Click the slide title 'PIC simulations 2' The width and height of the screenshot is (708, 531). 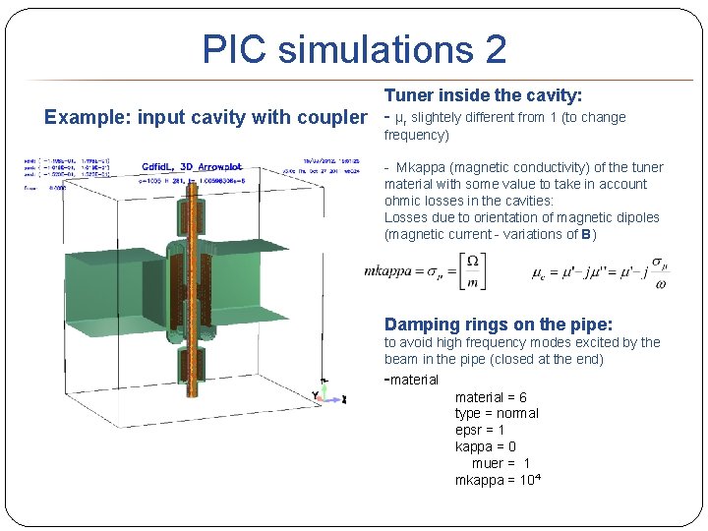click(354, 49)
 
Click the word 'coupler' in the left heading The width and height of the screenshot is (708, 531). click(329, 118)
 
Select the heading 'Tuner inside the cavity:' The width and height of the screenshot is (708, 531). click(483, 95)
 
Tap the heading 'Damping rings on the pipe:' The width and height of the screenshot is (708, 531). click(499, 324)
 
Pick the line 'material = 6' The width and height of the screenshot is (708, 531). click(491, 397)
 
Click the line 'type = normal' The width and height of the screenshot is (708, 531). click(497, 413)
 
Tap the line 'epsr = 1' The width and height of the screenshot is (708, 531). click(480, 430)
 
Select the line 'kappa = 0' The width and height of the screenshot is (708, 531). click(486, 446)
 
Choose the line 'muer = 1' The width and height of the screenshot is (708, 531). click(501, 463)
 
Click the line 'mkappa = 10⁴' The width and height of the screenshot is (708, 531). click(498, 480)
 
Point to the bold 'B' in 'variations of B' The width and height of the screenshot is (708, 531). click(585, 234)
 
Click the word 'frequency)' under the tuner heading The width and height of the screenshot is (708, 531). click(416, 135)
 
